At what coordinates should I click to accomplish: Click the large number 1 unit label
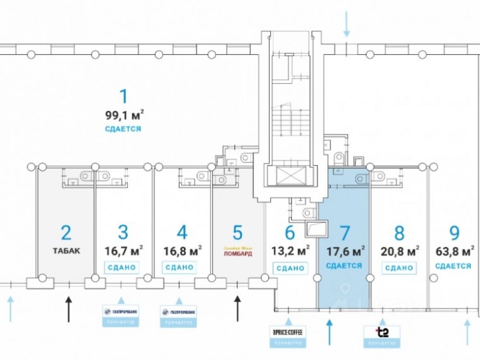point(123,96)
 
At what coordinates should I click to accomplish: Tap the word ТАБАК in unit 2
point(67,251)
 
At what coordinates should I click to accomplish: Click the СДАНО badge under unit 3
point(123,267)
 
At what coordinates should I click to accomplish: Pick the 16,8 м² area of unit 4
point(182,251)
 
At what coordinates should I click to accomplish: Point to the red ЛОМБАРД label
point(237,253)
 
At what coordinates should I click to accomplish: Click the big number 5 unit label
point(238,233)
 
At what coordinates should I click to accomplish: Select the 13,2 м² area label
point(290,251)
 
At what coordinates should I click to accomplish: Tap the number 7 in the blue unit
point(344,233)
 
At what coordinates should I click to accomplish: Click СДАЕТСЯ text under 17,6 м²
point(344,265)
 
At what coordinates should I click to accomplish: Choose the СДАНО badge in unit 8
point(399,267)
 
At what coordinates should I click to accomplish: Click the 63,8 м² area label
point(455,251)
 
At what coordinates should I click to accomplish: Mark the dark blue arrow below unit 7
point(329,332)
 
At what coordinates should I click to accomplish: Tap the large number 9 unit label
point(455,233)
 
